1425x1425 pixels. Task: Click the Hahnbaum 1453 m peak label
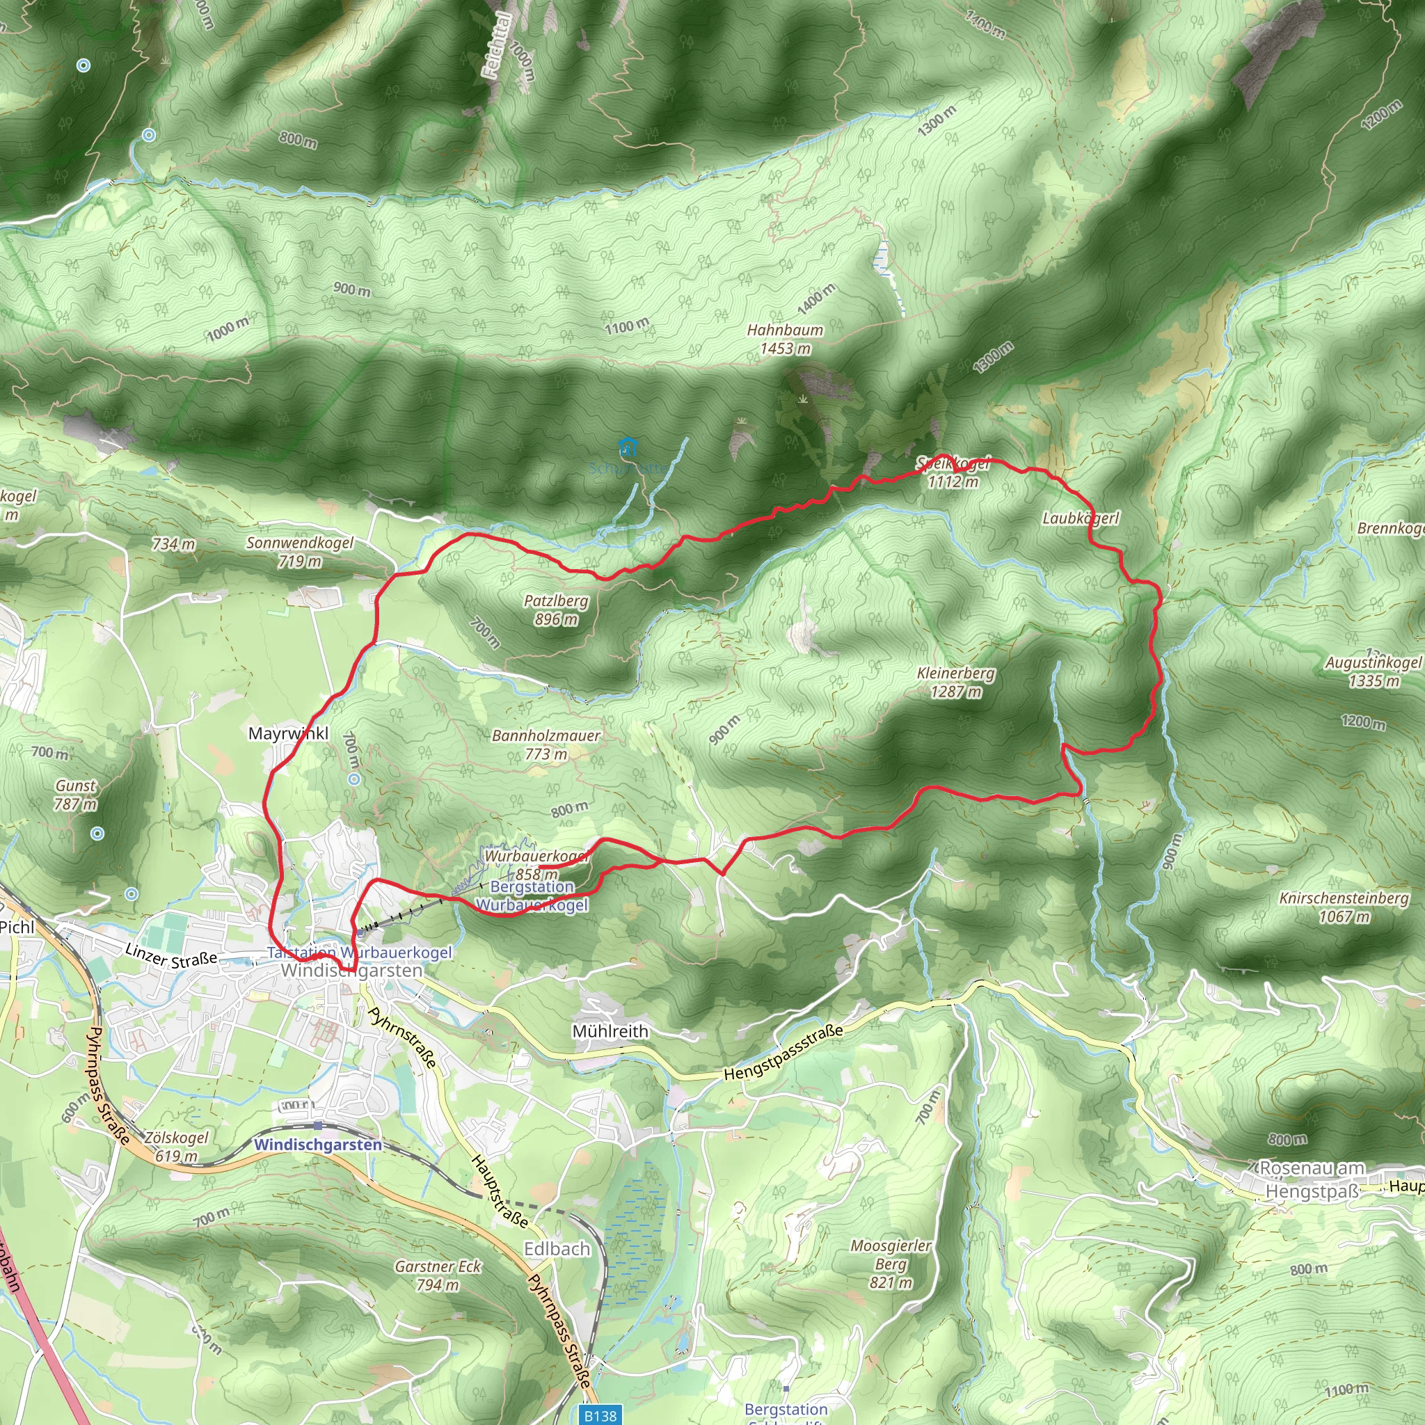point(785,340)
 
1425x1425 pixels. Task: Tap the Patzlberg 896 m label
point(556,610)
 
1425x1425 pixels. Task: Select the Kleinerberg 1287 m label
point(956,683)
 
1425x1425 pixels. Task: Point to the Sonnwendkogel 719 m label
point(299,552)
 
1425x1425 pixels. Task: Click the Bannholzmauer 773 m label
point(546,745)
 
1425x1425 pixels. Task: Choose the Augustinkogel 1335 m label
point(1373,671)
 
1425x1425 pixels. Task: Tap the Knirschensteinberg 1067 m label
point(1344,907)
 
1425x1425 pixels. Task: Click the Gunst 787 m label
point(75,795)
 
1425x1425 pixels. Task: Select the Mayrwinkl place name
point(288,733)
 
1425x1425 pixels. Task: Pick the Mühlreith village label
point(610,1031)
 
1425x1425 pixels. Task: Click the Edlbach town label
point(557,1249)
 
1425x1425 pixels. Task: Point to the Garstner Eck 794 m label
point(438,1275)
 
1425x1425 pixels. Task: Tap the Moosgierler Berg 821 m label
point(890,1264)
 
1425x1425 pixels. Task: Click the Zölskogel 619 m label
point(175,1146)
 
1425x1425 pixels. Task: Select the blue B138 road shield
point(600,1415)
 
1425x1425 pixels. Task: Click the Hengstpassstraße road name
point(783,1053)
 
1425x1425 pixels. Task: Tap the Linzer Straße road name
point(171,956)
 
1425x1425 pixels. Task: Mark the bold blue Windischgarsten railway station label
point(318,1145)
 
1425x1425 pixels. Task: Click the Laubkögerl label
point(1080,518)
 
